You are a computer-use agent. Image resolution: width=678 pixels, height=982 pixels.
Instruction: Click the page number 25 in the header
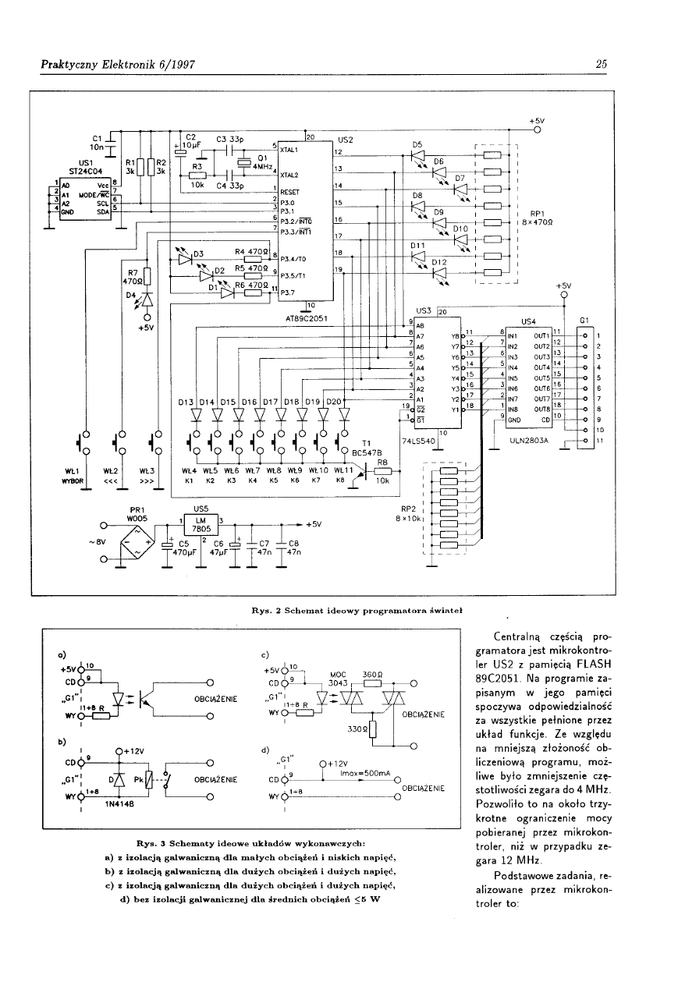[x=601, y=65]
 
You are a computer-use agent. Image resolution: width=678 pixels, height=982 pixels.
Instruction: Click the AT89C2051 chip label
[x=309, y=317]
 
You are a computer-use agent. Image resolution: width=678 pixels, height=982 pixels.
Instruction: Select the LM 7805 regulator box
[x=200, y=523]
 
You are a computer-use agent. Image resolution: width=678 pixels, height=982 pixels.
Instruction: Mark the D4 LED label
[x=131, y=295]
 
